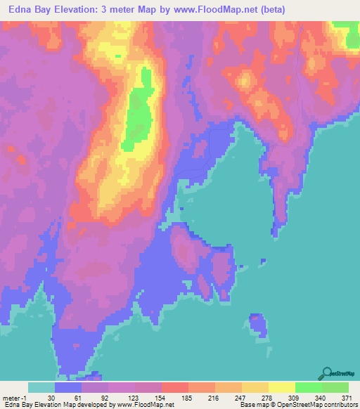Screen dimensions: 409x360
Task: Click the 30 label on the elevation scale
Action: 51,398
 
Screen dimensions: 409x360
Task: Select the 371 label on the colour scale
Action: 346,398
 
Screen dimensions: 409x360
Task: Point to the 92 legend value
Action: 105,398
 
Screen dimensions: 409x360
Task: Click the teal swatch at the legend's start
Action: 41,387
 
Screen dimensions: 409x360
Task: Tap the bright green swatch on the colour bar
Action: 308,387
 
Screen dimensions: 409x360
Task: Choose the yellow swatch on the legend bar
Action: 281,387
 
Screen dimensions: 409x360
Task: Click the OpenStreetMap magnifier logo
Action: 326,373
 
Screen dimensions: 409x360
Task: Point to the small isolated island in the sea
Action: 258,325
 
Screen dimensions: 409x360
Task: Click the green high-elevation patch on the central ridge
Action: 138,112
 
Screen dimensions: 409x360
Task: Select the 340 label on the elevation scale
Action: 319,398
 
